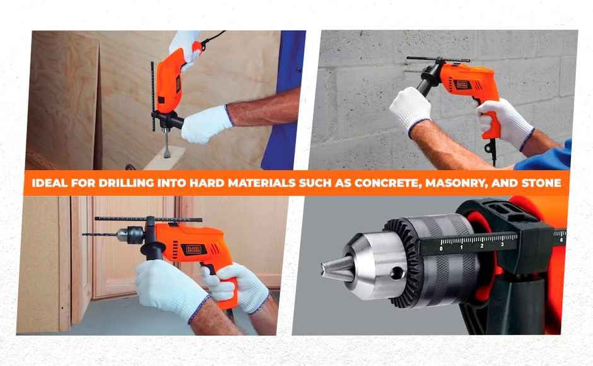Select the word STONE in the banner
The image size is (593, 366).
click(x=537, y=183)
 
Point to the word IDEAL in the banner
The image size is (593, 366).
click(x=43, y=183)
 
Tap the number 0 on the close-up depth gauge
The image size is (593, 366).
click(x=441, y=247)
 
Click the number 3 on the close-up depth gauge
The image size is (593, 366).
click(x=502, y=243)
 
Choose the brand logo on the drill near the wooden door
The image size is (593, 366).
click(x=194, y=249)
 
